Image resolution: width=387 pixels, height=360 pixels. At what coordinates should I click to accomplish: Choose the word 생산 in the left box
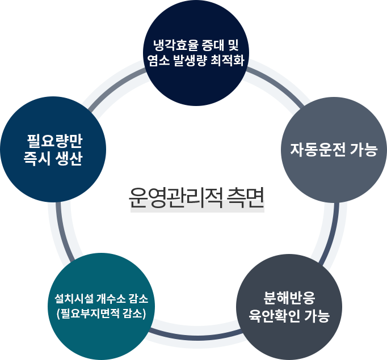(69, 159)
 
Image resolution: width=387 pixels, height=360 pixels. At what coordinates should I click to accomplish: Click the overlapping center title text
(196, 200)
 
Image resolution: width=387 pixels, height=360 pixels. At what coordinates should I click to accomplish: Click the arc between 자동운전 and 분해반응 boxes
(330, 232)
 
